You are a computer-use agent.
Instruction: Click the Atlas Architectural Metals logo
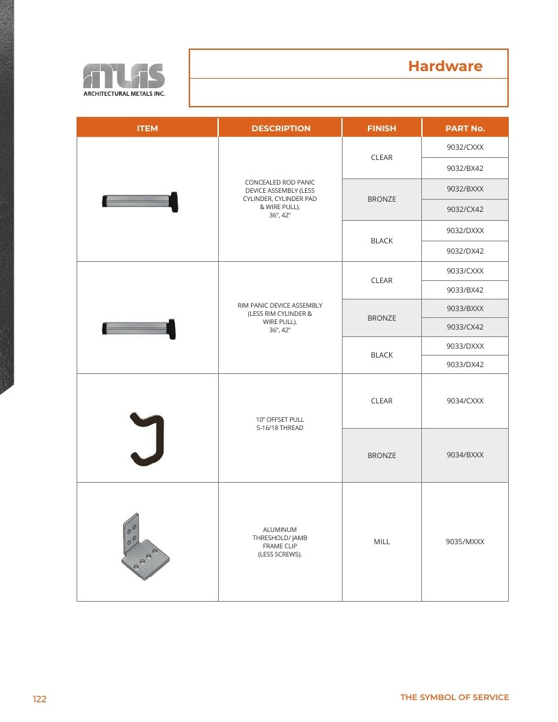(x=124, y=80)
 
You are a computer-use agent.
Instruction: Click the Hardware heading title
(x=445, y=66)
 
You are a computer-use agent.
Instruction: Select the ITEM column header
(x=147, y=129)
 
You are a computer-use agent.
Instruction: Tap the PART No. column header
(x=465, y=129)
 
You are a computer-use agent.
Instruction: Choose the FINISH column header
(x=382, y=129)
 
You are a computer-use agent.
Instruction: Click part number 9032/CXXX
(x=465, y=148)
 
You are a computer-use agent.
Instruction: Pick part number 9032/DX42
(x=465, y=251)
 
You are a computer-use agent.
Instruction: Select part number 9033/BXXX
(x=465, y=308)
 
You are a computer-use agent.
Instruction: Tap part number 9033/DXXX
(x=465, y=346)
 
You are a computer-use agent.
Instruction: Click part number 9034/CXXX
(x=465, y=401)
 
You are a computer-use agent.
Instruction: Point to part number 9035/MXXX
(x=465, y=541)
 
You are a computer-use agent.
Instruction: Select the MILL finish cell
(x=382, y=541)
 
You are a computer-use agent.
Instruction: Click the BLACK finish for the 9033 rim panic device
(x=382, y=355)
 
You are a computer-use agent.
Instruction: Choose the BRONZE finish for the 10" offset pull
(x=382, y=455)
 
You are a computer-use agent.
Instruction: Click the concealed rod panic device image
(x=140, y=202)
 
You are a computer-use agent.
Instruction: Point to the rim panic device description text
(x=280, y=317)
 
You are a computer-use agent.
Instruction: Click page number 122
(x=40, y=699)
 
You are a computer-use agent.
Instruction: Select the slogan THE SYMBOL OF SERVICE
(x=455, y=697)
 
